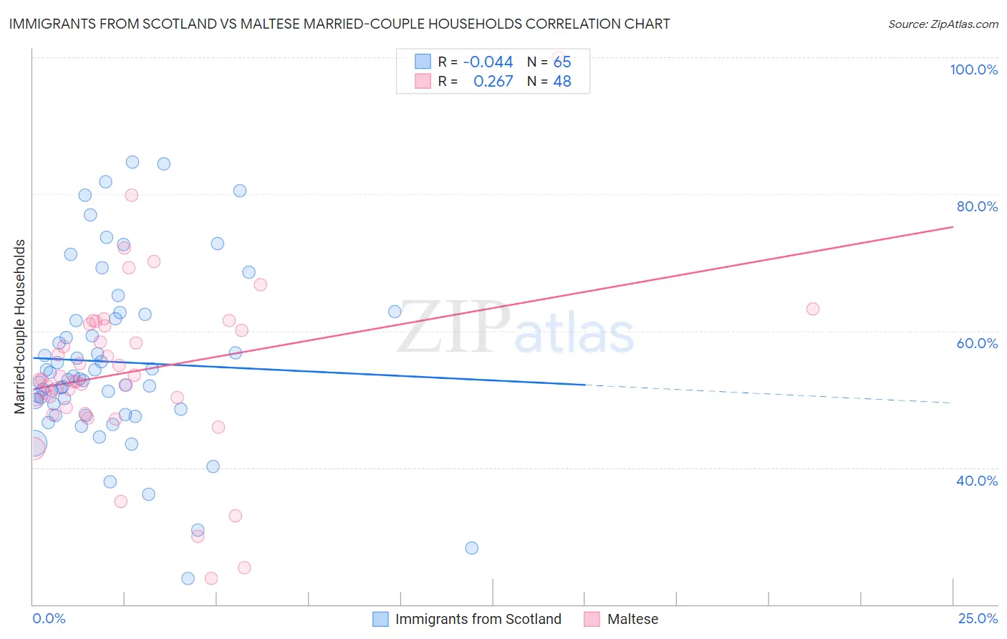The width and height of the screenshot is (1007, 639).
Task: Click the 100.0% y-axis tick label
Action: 973,69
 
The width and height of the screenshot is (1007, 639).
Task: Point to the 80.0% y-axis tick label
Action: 977,206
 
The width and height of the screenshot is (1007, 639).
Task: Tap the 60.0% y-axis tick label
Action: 977,343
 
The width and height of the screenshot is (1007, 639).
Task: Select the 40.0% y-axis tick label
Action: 977,481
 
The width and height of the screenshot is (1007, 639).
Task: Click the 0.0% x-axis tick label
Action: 49,618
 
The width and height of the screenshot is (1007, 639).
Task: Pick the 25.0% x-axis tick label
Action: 978,618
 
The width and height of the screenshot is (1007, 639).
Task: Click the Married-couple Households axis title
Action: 20,326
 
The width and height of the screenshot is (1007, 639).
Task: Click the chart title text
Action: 339,24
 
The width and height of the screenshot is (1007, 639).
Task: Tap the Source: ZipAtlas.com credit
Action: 943,24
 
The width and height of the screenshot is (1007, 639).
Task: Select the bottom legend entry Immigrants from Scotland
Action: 478,619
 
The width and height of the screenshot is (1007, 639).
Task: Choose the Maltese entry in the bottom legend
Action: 632,619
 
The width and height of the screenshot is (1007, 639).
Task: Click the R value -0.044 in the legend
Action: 488,62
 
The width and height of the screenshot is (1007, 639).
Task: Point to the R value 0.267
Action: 493,82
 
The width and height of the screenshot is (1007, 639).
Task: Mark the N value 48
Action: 562,82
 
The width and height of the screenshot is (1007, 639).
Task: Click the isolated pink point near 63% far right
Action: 812,309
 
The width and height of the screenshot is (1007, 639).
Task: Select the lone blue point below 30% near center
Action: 471,548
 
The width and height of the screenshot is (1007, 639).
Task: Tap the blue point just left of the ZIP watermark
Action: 395,312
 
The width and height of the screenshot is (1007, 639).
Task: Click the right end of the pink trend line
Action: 952,227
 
